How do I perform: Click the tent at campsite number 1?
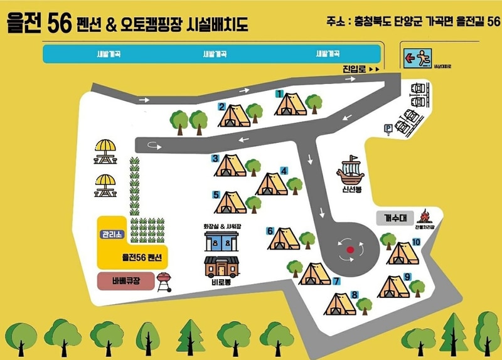point(291,104)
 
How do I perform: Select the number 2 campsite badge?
point(222,107)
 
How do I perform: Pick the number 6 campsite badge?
point(270,231)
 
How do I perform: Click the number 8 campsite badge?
point(355,295)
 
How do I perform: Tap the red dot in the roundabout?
point(350,250)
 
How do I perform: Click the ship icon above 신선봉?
point(350,170)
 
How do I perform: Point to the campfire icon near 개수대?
point(424,218)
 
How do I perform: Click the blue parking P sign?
point(388,128)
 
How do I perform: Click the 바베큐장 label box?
point(125,280)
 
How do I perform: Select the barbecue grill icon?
point(164,281)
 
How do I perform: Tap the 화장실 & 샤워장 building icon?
point(221,241)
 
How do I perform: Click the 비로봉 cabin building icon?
point(221,267)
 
